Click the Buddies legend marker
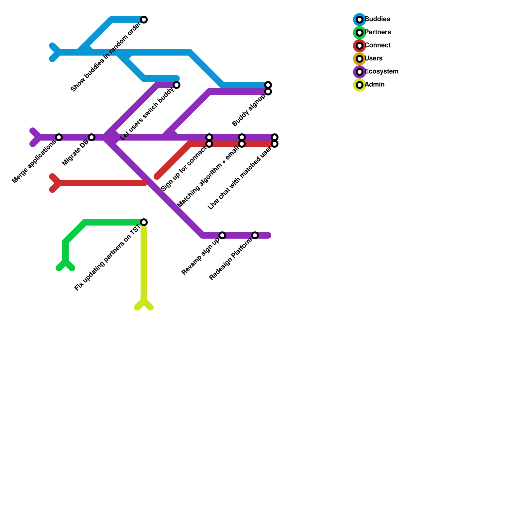pos(360,20)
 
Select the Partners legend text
pos(378,32)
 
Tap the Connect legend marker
pos(360,46)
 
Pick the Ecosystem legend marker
pos(360,72)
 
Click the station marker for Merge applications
pos(59,137)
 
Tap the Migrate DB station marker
pos(92,137)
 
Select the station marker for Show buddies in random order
pos(144,20)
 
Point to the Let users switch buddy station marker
pos(177,85)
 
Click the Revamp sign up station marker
pos(222,235)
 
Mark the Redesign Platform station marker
pos(255,235)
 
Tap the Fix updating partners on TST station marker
pos(144,222)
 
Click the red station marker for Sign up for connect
pos(209,144)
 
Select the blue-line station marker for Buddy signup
pos(268,85)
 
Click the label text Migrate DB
pos(75,153)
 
